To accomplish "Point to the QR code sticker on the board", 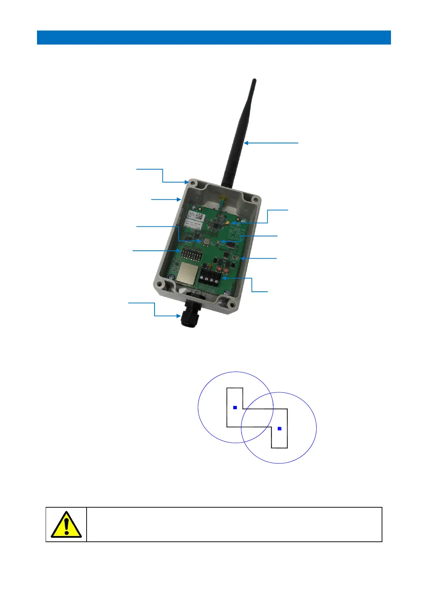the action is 200,217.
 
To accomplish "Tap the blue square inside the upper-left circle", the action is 235,407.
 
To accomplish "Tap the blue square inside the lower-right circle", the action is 280,429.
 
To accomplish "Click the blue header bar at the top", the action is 214,37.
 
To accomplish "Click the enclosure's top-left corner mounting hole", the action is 194,184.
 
